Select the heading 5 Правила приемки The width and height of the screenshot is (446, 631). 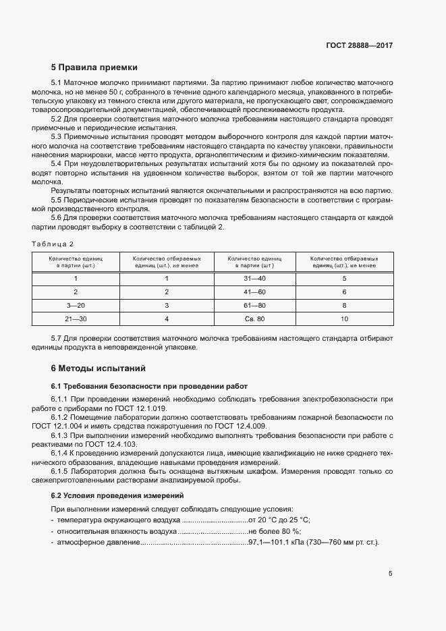(94, 67)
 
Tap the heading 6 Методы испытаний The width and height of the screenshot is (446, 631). (98, 368)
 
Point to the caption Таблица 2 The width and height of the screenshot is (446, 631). (53, 243)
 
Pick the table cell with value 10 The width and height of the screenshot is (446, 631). (344, 318)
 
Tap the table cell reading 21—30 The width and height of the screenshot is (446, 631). (76, 318)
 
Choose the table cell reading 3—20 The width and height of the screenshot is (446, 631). (76, 305)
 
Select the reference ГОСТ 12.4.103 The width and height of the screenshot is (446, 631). (107, 444)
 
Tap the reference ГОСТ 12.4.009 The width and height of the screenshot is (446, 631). (242, 427)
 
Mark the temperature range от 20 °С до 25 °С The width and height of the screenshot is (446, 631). (279, 520)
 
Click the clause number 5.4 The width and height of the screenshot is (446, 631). (57, 163)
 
